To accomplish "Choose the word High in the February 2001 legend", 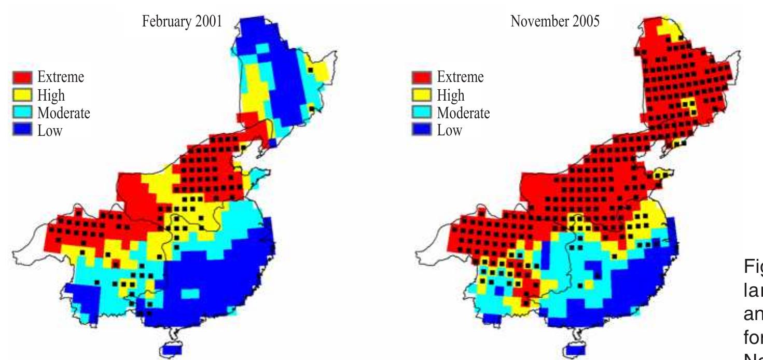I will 51,95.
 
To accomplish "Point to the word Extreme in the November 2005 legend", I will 460,78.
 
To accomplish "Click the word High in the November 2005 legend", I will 451,95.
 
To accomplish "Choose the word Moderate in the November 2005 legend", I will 463,113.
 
